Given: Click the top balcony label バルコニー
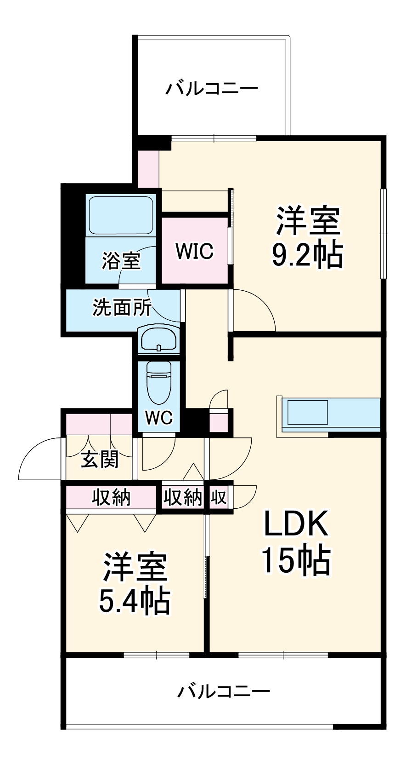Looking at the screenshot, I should (212, 88).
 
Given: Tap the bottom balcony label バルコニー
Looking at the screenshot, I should (224, 691).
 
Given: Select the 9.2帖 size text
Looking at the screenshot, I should (307, 255).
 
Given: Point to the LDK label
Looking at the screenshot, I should (296, 524).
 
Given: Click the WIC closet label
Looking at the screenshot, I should (194, 251).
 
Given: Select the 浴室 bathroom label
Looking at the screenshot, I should (121, 261).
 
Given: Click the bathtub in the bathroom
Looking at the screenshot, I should (121, 215).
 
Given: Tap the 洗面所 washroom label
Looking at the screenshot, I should (122, 308).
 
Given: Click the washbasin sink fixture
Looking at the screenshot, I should (158, 340).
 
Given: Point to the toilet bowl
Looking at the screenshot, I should (158, 381).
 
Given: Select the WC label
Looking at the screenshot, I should (159, 417).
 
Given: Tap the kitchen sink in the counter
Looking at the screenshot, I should (307, 412).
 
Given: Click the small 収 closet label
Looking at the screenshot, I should (219, 497).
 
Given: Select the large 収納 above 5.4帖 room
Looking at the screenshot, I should (111, 497).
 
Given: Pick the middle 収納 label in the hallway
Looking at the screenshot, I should (183, 497).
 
